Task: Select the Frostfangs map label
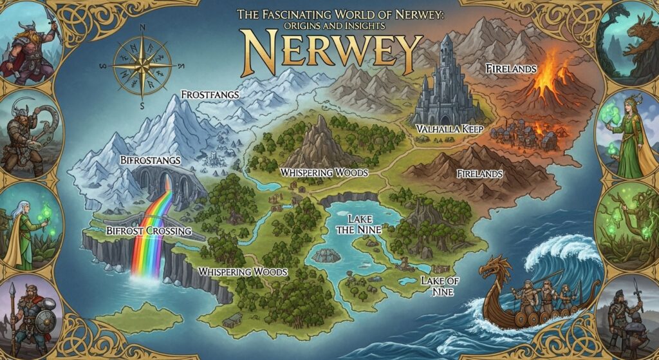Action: (x=210, y=95)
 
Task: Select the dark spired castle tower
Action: (x=446, y=77)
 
